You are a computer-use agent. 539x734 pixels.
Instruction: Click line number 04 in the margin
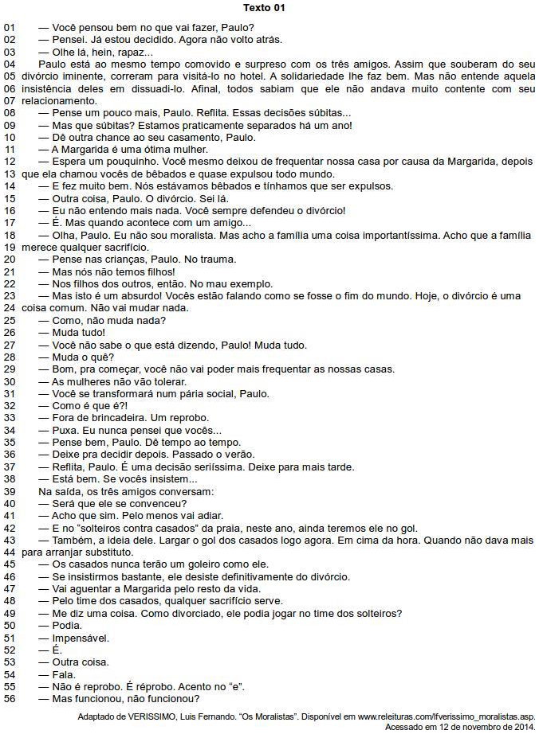[10, 64]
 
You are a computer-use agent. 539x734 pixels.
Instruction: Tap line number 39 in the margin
[10, 492]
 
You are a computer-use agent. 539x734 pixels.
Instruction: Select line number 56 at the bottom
[10, 699]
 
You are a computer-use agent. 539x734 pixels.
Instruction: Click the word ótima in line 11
[151, 150]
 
